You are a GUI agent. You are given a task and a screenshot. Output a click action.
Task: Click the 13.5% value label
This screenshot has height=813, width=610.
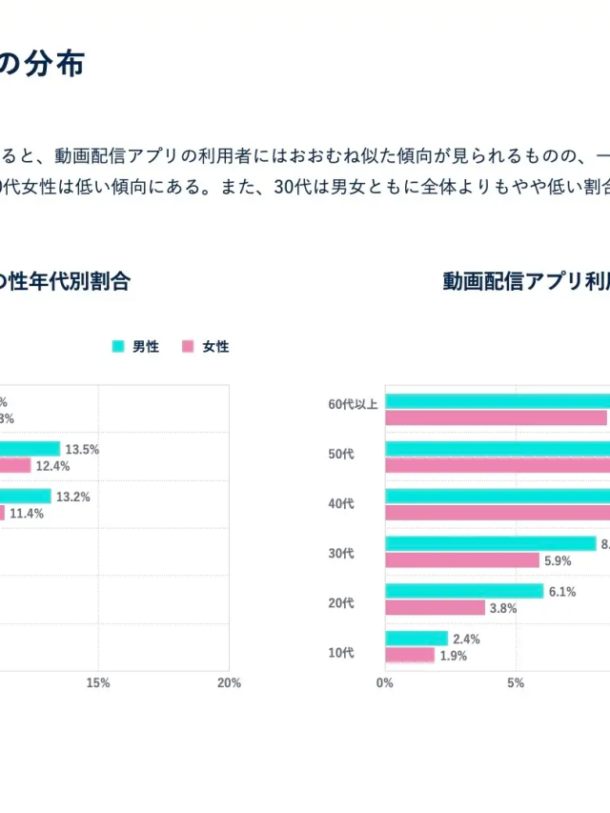tap(82, 449)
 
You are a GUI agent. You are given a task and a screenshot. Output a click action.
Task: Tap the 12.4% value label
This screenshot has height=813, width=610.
tap(53, 466)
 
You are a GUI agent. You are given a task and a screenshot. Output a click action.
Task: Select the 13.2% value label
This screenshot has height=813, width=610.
tap(72, 497)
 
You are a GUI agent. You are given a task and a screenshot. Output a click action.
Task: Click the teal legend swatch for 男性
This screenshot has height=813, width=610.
tap(118, 347)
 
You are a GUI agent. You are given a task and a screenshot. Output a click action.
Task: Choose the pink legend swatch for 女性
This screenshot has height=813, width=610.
tap(188, 347)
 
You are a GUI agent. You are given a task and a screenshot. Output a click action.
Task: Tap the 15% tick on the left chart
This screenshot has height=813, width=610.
tap(97, 682)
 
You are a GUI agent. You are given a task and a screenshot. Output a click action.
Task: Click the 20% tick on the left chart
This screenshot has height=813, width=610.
tap(229, 682)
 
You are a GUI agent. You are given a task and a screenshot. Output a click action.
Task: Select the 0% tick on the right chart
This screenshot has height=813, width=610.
tap(385, 682)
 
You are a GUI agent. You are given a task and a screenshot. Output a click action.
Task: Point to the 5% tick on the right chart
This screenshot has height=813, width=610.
tap(516, 682)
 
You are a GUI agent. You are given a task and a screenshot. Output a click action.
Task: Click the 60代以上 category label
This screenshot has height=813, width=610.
tap(353, 404)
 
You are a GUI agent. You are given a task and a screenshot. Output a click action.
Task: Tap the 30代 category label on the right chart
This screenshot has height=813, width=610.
tap(340, 551)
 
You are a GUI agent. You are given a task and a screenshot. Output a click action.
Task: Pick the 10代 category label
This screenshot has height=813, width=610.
tap(340, 653)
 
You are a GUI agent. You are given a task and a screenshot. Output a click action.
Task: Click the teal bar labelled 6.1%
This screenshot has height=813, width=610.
tap(464, 591)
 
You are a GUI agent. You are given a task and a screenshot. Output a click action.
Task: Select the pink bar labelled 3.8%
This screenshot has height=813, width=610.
tap(435, 608)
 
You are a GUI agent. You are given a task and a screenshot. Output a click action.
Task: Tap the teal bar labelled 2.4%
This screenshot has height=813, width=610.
tap(416, 639)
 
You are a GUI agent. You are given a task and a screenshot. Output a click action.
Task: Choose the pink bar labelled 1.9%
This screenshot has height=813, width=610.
tap(410, 656)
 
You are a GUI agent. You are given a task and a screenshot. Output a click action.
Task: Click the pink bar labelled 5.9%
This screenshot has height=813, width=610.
tap(462, 560)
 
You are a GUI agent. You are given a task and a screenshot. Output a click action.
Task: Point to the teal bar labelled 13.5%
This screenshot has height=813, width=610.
tap(30, 449)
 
